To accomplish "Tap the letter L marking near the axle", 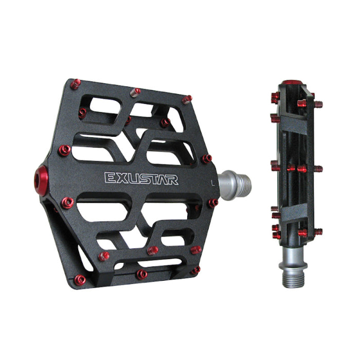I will tap(212, 181).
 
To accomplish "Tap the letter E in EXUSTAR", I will tap(110, 178).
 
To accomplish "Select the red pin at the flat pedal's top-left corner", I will tap(75, 84).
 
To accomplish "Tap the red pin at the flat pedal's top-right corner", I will tap(187, 99).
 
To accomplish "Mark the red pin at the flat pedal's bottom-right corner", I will tap(195, 269).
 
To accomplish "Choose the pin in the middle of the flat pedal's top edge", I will tap(136, 92).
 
